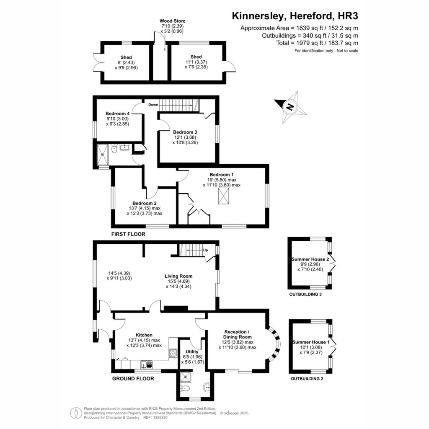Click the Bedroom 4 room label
[x=118, y=114]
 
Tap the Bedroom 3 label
[x=185, y=132]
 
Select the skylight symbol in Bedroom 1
[x=223, y=196]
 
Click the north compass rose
[x=290, y=107]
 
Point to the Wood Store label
[x=172, y=21]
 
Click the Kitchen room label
[x=144, y=335]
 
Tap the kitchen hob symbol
[x=173, y=353]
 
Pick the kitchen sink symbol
[x=147, y=364]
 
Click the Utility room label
[x=192, y=351]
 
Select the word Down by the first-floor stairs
[x=153, y=104]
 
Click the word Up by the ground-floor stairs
[x=205, y=250]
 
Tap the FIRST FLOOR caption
[x=128, y=234]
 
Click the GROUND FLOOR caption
[x=133, y=378]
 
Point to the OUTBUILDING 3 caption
[x=305, y=295]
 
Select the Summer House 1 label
[x=311, y=342]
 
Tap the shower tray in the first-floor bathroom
[x=103, y=155]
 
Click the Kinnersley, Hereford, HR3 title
[x=295, y=16]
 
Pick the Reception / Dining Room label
[x=237, y=334]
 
